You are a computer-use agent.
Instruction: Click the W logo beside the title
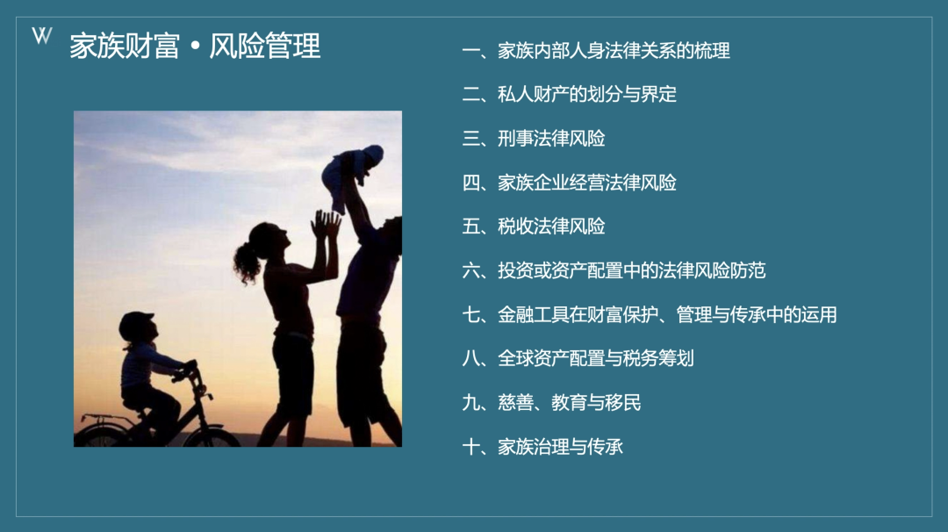coord(42,36)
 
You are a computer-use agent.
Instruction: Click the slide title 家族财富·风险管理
coord(195,46)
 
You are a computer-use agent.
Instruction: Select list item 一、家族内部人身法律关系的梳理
coord(595,51)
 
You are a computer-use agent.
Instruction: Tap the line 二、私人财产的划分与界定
coord(569,94)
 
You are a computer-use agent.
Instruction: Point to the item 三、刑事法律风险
coord(534,139)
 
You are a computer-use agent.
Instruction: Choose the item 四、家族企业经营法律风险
coord(569,183)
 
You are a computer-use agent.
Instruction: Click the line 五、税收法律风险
coord(534,226)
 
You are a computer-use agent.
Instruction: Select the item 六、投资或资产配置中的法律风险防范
coord(614,270)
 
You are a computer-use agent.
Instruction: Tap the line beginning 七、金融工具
coord(650,314)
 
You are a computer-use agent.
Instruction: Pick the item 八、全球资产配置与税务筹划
coord(578,358)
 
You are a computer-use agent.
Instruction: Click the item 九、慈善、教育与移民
coord(551,403)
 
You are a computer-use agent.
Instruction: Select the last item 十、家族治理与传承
coord(542,447)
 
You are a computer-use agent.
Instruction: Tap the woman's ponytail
coord(247,263)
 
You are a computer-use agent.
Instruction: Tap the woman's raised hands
coord(326,224)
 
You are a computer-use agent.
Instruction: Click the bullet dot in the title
coord(195,47)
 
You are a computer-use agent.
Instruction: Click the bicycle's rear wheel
coord(100,436)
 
